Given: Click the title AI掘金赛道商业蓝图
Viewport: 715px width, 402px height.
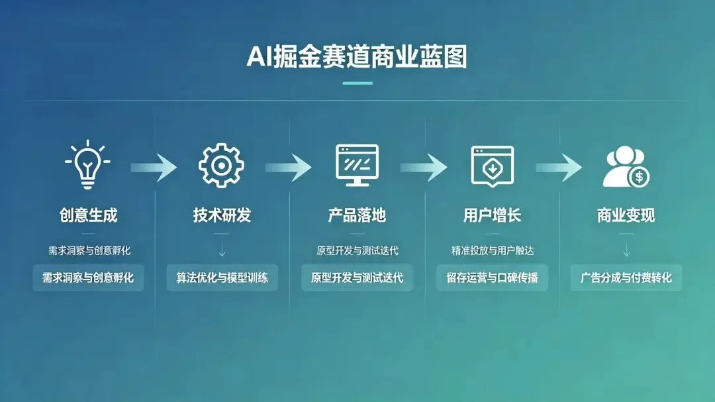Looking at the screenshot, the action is click(x=357, y=57).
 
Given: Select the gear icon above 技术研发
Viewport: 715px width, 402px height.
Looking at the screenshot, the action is click(x=222, y=166).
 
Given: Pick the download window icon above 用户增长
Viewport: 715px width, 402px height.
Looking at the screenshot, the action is click(x=492, y=166).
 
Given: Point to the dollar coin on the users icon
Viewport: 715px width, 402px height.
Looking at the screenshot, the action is click(x=640, y=177).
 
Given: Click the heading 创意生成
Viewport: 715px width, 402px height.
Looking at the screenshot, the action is click(x=88, y=215).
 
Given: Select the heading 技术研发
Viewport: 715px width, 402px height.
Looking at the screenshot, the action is click(x=222, y=215).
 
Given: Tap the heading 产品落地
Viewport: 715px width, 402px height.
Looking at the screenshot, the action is click(x=357, y=215).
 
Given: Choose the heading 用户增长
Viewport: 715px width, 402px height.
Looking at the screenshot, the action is click(x=492, y=215).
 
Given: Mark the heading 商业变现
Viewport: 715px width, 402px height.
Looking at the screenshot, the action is click(x=626, y=215).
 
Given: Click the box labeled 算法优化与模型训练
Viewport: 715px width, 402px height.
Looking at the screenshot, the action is click(x=222, y=277).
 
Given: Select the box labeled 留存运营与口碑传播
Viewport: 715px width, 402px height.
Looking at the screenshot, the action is click(x=492, y=277).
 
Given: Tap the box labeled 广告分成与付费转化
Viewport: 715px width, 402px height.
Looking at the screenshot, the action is click(x=626, y=277).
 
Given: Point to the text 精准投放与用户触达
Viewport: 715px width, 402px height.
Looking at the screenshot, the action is click(x=492, y=251).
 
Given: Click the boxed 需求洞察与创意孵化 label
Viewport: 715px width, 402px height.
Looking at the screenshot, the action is click(x=88, y=277).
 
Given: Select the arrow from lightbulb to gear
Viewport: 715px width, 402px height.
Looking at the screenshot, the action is click(x=154, y=168).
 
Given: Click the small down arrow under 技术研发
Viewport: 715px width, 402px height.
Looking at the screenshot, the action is click(x=222, y=251).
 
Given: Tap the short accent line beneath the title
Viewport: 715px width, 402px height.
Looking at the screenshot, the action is click(x=357, y=83).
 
